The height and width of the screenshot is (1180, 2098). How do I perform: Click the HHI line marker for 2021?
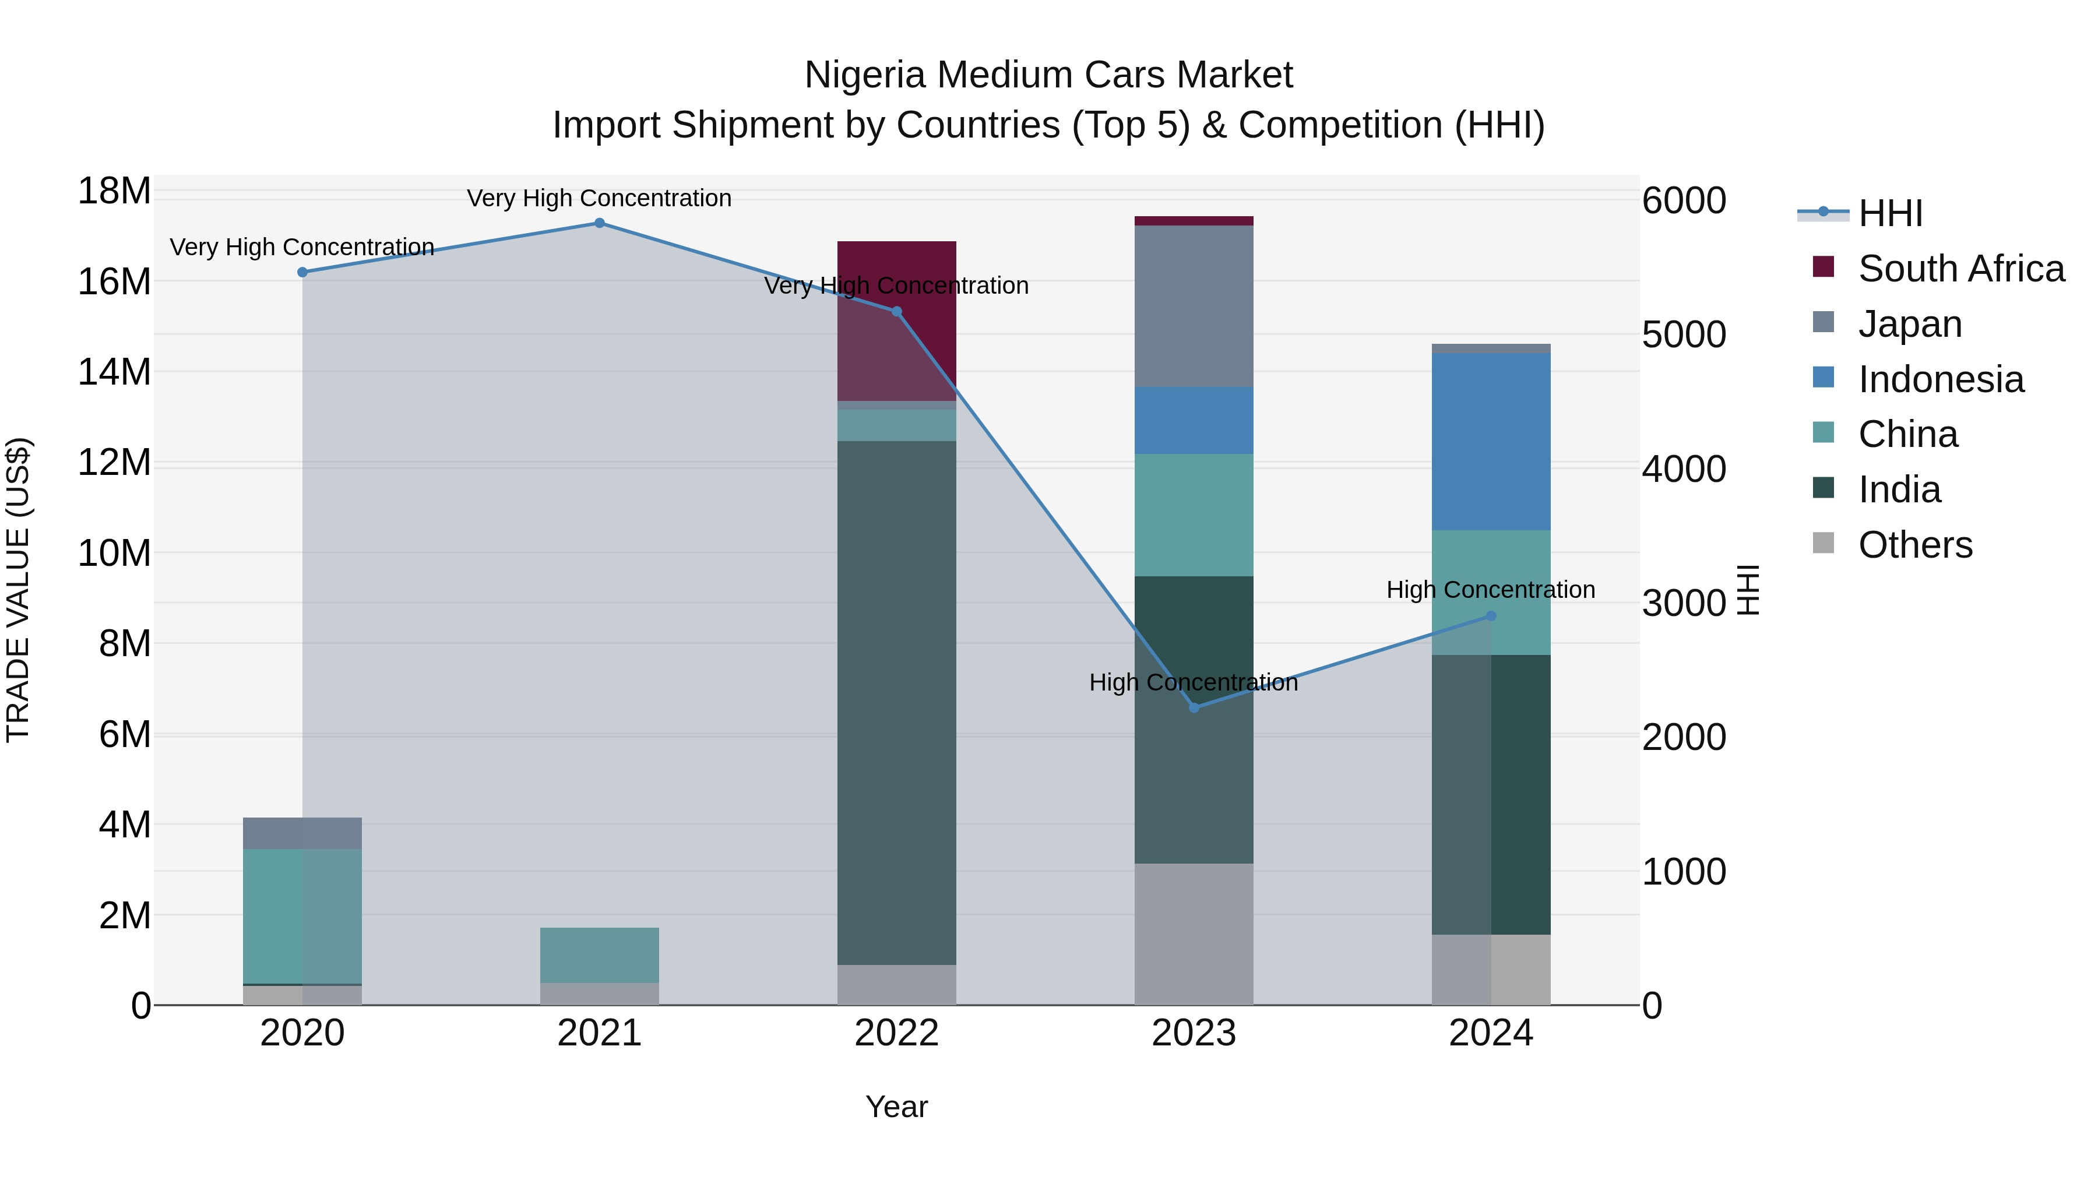(x=600, y=223)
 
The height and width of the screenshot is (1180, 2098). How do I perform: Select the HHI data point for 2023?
(x=1194, y=707)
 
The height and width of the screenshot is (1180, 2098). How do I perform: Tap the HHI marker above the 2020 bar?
(x=302, y=272)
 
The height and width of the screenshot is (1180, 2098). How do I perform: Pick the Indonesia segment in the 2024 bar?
(x=1491, y=441)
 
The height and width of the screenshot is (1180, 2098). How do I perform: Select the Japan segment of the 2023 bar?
(x=1194, y=306)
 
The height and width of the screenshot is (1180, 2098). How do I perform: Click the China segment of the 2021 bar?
(x=600, y=954)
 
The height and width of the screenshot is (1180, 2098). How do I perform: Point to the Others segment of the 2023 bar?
(x=1194, y=934)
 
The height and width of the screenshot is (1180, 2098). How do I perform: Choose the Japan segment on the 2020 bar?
(x=302, y=833)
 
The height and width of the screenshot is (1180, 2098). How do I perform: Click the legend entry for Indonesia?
(x=1941, y=379)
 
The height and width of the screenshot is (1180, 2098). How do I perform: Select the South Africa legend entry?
(x=1960, y=269)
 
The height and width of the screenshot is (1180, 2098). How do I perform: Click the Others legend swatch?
(x=1824, y=543)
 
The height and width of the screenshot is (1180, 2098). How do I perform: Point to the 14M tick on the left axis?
(x=114, y=372)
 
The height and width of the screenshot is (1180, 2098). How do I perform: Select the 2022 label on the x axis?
(x=897, y=1033)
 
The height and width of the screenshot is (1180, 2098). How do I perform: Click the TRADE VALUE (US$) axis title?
(x=19, y=590)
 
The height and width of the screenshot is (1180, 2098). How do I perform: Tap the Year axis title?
(x=897, y=1107)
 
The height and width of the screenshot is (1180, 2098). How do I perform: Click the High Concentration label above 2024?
(x=1490, y=590)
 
